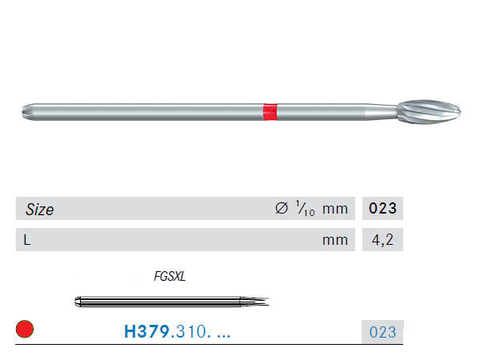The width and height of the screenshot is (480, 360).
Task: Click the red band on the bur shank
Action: coord(270,112)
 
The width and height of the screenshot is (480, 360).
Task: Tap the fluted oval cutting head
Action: coord(429,112)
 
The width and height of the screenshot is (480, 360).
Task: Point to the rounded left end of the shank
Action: coord(26,112)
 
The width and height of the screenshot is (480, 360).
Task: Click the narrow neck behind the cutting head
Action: coord(382,112)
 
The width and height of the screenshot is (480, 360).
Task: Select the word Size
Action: coord(39,210)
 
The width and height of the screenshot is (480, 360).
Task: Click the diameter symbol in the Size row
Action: coord(282,208)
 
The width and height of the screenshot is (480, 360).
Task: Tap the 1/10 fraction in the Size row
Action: coord(305,209)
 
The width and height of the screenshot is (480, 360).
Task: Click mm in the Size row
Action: coord(335,210)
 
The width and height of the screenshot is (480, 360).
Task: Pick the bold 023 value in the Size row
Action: coord(382,209)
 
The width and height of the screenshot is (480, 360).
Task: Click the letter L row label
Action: coord(27,240)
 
